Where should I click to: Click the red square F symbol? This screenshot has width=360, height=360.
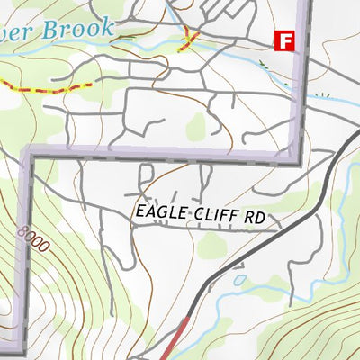tap(284, 40)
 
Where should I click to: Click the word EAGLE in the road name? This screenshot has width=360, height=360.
tap(159, 212)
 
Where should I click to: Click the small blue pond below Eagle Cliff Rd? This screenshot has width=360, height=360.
tap(238, 280)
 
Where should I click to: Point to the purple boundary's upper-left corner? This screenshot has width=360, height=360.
tap(28, 155)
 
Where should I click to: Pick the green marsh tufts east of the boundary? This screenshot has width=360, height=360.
tap(324, 93)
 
